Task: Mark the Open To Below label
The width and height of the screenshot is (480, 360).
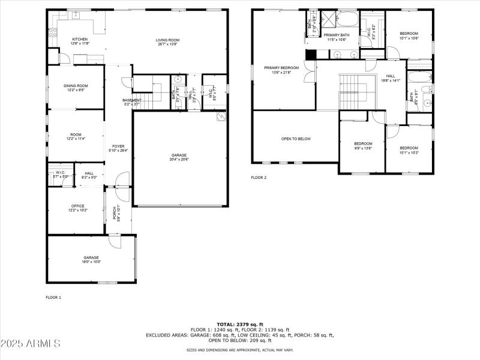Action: tap(296, 139)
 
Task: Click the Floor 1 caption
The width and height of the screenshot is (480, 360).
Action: tap(53, 297)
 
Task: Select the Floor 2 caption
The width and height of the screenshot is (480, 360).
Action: tap(259, 178)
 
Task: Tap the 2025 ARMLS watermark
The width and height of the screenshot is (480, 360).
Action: tap(31, 344)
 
